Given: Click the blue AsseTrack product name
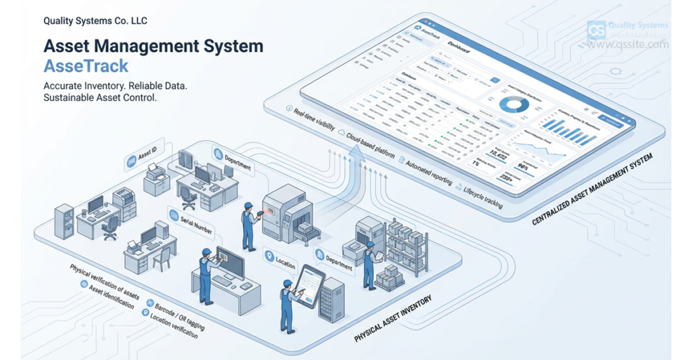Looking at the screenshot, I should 85,66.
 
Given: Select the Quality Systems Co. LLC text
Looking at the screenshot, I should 95,21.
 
